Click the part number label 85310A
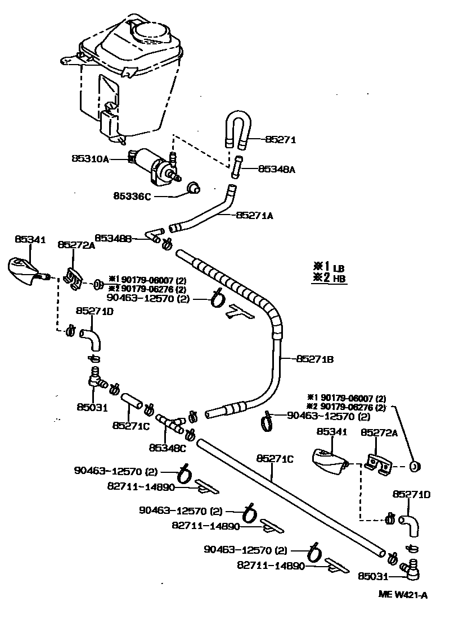(90, 159)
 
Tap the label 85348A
(276, 168)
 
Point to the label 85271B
(315, 358)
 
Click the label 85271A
(255, 215)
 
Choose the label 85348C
(167, 448)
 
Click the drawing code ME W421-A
(402, 594)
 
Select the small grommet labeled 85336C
(193, 188)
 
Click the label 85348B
(113, 238)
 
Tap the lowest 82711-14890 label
(271, 566)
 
